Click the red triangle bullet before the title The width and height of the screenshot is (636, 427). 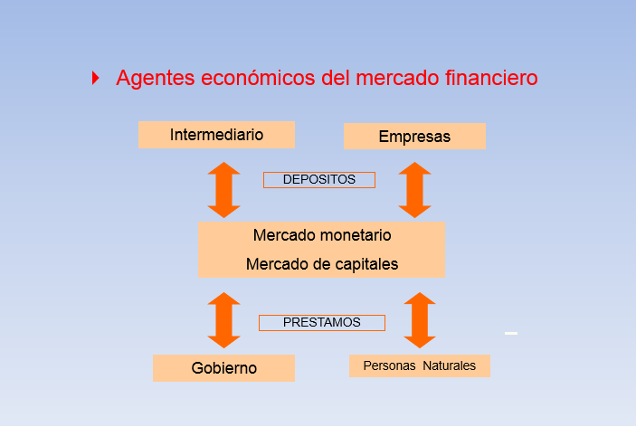coord(96,79)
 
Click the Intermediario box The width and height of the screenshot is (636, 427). coord(216,135)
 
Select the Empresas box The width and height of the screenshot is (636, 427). coord(414,137)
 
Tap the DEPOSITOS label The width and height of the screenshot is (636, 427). coord(318,180)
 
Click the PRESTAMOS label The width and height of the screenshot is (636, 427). coord(321,322)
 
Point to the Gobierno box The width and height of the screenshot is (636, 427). coord(223,368)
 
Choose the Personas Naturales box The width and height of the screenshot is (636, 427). coord(419,365)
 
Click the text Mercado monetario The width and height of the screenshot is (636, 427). coord(322,235)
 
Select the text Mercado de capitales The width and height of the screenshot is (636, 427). coord(322,264)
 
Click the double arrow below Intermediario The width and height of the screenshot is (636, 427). coord(223,190)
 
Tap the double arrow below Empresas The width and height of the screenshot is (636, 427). coord(414,190)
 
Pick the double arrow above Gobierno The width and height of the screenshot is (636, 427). coord(223,319)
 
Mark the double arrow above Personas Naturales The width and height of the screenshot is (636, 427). coord(419,319)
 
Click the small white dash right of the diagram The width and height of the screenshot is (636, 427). coord(511,334)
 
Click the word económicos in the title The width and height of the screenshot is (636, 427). coord(260,79)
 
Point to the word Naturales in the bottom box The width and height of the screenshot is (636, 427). coord(449,365)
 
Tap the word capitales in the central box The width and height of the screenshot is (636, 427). coord(366,264)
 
